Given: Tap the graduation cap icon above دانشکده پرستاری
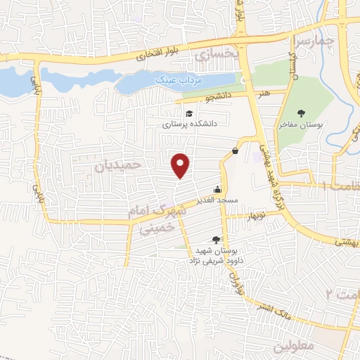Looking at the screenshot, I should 188,113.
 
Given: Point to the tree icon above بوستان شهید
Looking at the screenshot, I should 215,240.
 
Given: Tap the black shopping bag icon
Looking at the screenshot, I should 234,150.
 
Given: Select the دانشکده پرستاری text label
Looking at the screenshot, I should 191,124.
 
